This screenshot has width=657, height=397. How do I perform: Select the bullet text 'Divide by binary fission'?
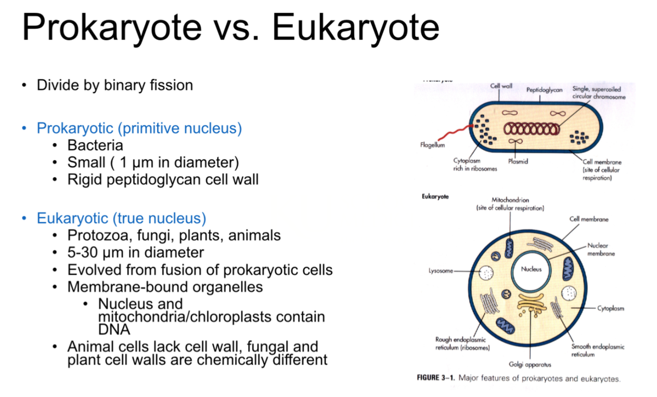pyautogui.click(x=115, y=85)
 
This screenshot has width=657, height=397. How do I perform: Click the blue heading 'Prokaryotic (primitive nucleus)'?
pyautogui.click(x=139, y=129)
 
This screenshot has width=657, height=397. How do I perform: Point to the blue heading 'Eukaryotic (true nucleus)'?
pyautogui.click(x=121, y=218)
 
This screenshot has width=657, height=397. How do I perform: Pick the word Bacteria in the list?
pyautogui.click(x=95, y=145)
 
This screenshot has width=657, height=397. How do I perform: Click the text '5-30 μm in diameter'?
pyautogui.click(x=135, y=253)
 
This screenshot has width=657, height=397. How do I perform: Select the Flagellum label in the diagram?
pyautogui.click(x=432, y=145)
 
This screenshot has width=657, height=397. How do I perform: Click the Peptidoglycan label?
pyautogui.click(x=544, y=90)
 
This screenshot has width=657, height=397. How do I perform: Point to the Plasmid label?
pyautogui.click(x=517, y=161)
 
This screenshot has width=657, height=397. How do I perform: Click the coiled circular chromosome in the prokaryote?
pyautogui.click(x=531, y=128)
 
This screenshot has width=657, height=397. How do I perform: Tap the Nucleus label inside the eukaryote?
pyautogui.click(x=531, y=269)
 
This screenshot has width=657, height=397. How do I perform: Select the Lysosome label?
pyautogui.click(x=440, y=271)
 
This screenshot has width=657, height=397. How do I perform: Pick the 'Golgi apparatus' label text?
pyautogui.click(x=530, y=365)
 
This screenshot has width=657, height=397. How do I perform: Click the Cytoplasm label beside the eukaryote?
pyautogui.click(x=611, y=308)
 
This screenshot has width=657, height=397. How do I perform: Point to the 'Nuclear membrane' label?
pyautogui.click(x=600, y=250)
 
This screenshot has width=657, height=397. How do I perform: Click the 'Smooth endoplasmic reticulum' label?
pyautogui.click(x=597, y=351)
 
